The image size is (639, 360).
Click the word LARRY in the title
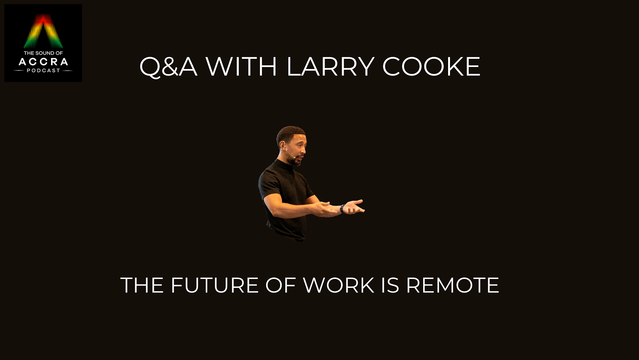[x=330, y=67]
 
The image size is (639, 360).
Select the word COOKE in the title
[x=431, y=67]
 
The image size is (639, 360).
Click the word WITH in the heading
[x=241, y=67]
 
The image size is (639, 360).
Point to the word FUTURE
[x=215, y=285]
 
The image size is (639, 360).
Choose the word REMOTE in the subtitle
[x=452, y=285]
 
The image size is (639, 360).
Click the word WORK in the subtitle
[x=339, y=285]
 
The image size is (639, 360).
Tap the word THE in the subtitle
[x=142, y=285]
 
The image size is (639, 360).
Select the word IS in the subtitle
[x=390, y=285]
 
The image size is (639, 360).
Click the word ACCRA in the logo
[x=43, y=62]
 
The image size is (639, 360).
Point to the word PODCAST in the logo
[x=43, y=71]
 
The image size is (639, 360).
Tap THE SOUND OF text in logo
[x=43, y=53]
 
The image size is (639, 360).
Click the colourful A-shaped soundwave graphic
[x=43, y=31]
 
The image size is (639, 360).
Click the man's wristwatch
[x=342, y=209]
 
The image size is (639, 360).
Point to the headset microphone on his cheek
[x=290, y=154]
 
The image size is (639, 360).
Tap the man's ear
[x=283, y=145]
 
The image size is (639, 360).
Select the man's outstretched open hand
[x=354, y=207]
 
